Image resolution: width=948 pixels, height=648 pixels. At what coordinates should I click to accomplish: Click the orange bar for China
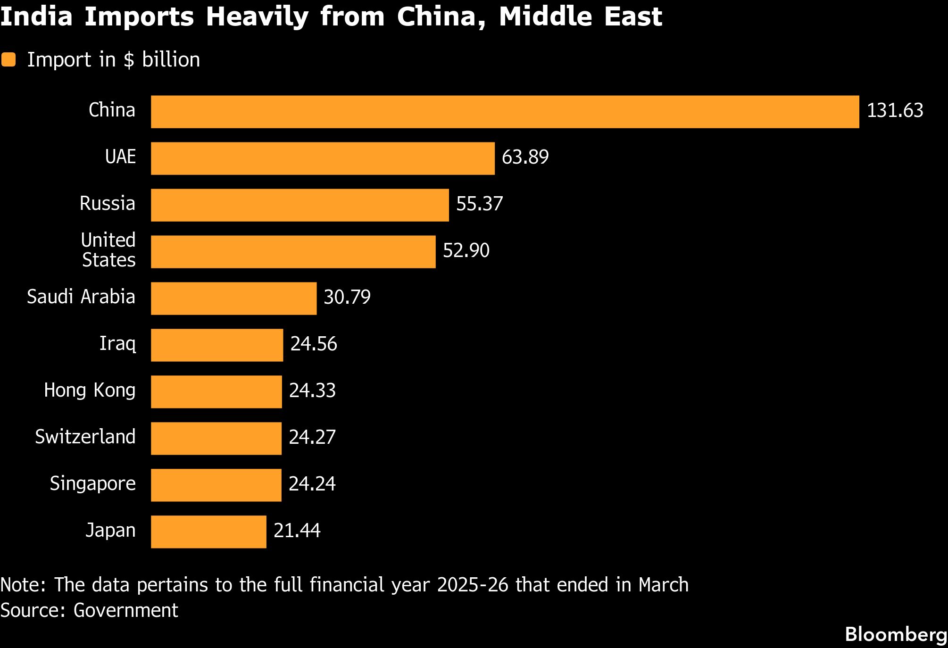(505, 112)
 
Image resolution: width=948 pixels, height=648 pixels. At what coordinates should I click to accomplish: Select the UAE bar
(323, 158)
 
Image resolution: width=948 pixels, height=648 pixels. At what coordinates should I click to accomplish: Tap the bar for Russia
(300, 205)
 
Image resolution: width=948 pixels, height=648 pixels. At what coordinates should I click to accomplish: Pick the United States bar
(293, 252)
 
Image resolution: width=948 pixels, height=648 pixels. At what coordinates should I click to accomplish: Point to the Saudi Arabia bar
(234, 299)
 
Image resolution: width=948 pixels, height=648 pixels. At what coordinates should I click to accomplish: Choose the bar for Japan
(208, 532)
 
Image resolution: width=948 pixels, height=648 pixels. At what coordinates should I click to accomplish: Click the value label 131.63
(895, 110)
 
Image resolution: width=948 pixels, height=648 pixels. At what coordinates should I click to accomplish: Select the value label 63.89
(525, 157)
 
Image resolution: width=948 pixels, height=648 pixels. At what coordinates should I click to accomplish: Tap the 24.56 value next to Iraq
(314, 344)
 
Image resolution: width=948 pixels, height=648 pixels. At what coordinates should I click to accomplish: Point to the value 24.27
(312, 437)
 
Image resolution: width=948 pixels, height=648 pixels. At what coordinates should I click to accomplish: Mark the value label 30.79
(347, 297)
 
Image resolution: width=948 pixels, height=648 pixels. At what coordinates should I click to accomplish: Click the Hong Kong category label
(90, 390)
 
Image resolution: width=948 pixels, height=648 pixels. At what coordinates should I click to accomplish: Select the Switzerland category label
(85, 437)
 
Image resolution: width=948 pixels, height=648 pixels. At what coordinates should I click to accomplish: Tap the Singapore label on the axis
(93, 484)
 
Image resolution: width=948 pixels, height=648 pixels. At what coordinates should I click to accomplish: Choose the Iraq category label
(117, 344)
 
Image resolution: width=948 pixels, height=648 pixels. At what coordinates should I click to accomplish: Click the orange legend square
(8, 60)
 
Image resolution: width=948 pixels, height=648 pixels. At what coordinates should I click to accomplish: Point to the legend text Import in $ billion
(114, 60)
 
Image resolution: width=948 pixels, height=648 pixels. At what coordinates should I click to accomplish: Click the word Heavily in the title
(257, 17)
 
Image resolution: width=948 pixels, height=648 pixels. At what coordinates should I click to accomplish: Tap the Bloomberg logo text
(896, 635)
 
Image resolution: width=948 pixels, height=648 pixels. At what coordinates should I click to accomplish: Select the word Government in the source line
(126, 610)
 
